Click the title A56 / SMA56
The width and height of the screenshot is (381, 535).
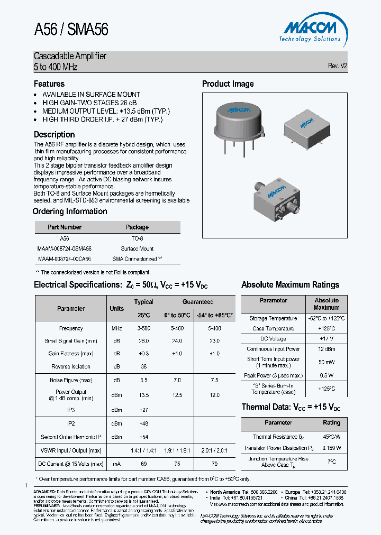(71, 30)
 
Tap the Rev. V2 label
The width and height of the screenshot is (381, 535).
(337, 66)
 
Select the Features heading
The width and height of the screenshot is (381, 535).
(49, 84)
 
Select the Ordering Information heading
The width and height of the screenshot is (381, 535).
(70, 211)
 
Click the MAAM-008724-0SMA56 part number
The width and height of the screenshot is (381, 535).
(65, 248)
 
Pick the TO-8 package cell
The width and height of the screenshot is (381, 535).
(137, 238)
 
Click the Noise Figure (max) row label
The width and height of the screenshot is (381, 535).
(71, 380)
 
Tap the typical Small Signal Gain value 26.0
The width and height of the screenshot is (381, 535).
(143, 341)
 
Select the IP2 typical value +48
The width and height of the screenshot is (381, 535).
(143, 423)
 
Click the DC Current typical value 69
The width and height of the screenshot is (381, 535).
(143, 464)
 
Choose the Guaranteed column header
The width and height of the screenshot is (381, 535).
(198, 302)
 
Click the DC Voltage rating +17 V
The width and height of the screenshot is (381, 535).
(326, 338)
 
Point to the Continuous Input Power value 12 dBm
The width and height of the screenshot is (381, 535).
(326, 349)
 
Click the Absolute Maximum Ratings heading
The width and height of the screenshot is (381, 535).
(290, 285)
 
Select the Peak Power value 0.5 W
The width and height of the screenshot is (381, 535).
(326, 375)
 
